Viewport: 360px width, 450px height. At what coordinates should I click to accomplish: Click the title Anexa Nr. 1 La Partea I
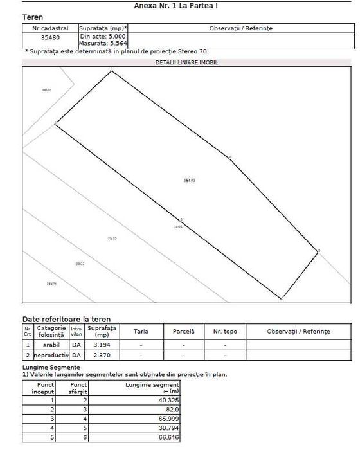(181, 5)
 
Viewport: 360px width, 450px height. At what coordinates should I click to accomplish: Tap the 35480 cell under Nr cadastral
(50, 37)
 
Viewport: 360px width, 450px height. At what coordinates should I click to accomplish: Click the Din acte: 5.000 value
(102, 37)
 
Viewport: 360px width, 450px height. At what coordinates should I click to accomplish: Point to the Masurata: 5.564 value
(102, 44)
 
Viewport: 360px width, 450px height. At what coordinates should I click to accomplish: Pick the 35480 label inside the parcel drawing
(189, 181)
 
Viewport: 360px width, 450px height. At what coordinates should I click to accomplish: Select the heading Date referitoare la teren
(66, 319)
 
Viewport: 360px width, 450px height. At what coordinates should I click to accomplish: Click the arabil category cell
(51, 345)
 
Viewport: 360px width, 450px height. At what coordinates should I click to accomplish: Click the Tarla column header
(141, 331)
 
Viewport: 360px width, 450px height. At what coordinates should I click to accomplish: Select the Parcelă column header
(183, 331)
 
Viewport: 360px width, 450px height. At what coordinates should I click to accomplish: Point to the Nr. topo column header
(225, 331)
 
